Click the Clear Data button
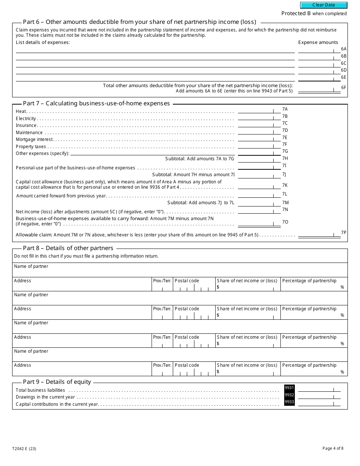pyautogui.click(x=324, y=5)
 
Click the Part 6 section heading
pyautogui.click(x=139, y=22)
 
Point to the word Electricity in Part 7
pyautogui.click(x=26, y=119)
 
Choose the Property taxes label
pyautogui.click(x=31, y=147)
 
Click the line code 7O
pyautogui.click(x=285, y=222)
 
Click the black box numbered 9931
pyautogui.click(x=289, y=388)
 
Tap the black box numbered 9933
pyautogui.click(x=289, y=402)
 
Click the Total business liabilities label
pyautogui.click(x=40, y=390)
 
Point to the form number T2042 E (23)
pyautogui.click(x=24, y=449)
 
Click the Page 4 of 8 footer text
pyautogui.click(x=333, y=449)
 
